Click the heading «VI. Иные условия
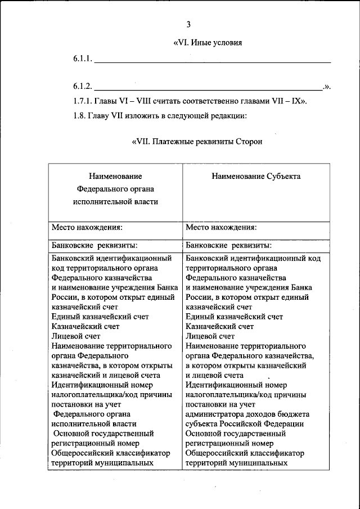(x=208, y=43)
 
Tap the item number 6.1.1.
(x=82, y=58)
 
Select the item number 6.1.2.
(x=82, y=86)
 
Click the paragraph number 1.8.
(x=80, y=116)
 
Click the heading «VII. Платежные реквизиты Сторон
(x=197, y=142)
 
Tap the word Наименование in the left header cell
(x=115, y=177)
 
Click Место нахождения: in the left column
(x=87, y=228)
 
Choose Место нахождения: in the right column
(x=221, y=228)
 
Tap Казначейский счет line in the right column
(x=219, y=326)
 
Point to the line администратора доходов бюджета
(x=247, y=415)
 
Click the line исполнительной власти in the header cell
(x=115, y=201)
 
